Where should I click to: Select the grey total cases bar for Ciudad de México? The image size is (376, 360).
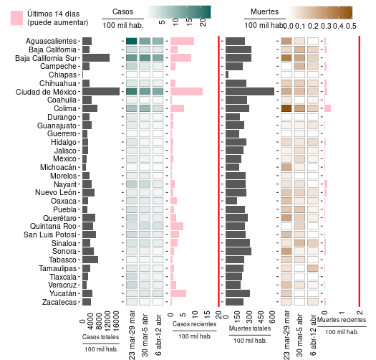point(101,92)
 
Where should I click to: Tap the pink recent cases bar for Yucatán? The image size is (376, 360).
point(178,293)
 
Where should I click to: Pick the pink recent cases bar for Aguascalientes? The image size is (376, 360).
point(182,42)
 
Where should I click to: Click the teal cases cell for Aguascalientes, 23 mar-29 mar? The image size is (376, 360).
point(132,42)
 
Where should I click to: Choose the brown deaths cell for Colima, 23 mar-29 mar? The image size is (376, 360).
point(286,108)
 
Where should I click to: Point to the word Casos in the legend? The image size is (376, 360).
point(123,11)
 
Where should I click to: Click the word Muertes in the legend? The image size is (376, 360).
point(264,11)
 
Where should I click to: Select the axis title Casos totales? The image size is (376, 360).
point(100,336)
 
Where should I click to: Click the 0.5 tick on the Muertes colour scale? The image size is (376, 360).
point(351,25)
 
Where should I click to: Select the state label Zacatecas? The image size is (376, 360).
point(59,302)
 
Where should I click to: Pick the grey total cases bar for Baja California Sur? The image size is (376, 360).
point(96,58)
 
